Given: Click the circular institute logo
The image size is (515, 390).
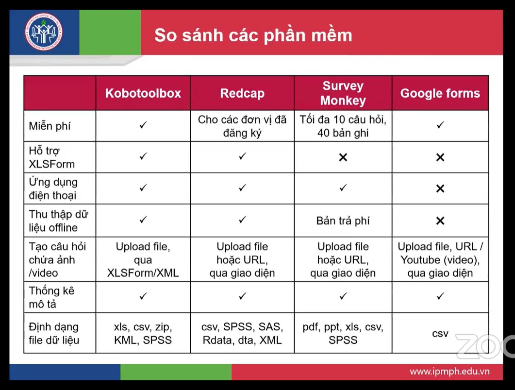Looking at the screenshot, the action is tap(44, 32).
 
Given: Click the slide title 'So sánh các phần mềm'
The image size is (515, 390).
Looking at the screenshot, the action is tap(253, 35).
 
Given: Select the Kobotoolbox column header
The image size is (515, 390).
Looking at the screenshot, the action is tap(143, 93).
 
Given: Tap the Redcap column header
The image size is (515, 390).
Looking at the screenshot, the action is tap(242, 93).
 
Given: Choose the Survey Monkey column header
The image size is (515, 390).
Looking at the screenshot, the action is tap(343, 93).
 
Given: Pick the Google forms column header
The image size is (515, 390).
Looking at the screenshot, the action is tap(440, 93).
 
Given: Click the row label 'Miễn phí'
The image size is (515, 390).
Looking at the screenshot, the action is tap(50, 126).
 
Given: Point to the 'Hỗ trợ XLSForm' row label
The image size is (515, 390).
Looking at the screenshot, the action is tap(52, 157).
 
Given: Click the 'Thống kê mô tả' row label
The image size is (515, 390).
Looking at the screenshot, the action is tap(51, 297).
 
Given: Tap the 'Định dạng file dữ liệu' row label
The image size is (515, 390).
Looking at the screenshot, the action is tap(54, 333).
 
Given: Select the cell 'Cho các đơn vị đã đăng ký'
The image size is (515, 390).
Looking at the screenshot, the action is tap(242, 126).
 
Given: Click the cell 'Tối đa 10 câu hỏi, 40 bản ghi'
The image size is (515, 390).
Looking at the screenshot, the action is tap(343, 126).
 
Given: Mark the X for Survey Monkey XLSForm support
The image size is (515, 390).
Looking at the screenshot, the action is tap(343, 157).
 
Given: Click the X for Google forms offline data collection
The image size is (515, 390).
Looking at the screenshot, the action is tap(440, 220).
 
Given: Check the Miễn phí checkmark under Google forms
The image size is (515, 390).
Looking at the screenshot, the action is tap(440, 125).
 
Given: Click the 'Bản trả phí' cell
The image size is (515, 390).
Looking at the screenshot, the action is tap(343, 220).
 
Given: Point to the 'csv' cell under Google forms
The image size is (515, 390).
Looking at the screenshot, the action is tap(440, 334).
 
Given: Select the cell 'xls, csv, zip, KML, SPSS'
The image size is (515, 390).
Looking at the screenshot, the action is tap(143, 333).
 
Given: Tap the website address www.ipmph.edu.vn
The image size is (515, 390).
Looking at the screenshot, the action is tap(449, 372).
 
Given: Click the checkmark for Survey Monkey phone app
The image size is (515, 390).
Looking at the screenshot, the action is tap(343, 187).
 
